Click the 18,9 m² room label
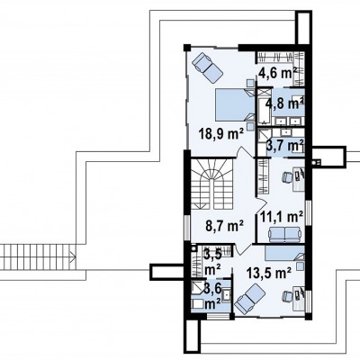[x=221, y=135]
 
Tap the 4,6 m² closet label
[x=277, y=72]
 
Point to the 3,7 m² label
[x=285, y=146]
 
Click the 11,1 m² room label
[x=282, y=217]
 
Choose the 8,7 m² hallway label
[x=224, y=226]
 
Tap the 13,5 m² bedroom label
[x=269, y=273]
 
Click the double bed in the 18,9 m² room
[x=235, y=105]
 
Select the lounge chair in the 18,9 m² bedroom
[x=207, y=67]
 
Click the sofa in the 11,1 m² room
[x=285, y=234]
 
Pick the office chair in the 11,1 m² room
[x=287, y=177]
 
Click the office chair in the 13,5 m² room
[x=287, y=296]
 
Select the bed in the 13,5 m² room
[x=284, y=253]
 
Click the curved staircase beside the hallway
[x=212, y=184]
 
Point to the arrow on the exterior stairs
[x=72, y=256]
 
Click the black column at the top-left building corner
[x=187, y=48]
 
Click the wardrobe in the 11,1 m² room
[x=263, y=176]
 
